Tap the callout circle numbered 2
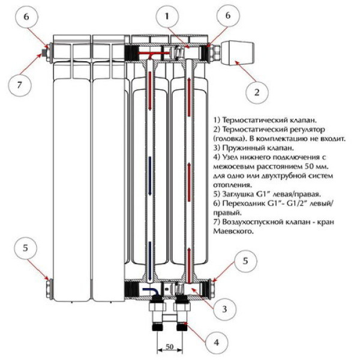tap(257, 92)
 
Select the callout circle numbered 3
tap(224, 310)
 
